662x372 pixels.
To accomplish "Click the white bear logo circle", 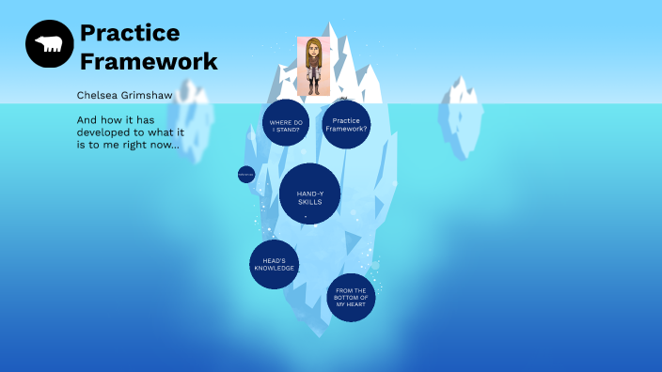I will pyautogui.click(x=50, y=44).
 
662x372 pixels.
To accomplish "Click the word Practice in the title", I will pyautogui.click(x=130, y=33).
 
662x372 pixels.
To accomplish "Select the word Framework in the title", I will pyautogui.click(x=149, y=62).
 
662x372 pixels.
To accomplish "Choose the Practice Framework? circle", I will pyautogui.click(x=346, y=124).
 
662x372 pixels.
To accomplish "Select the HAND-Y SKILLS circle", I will pyautogui.click(x=309, y=194).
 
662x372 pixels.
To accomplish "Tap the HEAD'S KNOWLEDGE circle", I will pyautogui.click(x=274, y=264).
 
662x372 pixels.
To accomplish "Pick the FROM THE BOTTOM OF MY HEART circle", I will pyautogui.click(x=351, y=298).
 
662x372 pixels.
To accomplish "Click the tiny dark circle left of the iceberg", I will pyautogui.click(x=246, y=174).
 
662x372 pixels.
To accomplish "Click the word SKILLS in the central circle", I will pyautogui.click(x=309, y=202).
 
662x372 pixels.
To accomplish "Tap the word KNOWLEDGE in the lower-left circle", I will pyautogui.click(x=274, y=269).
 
